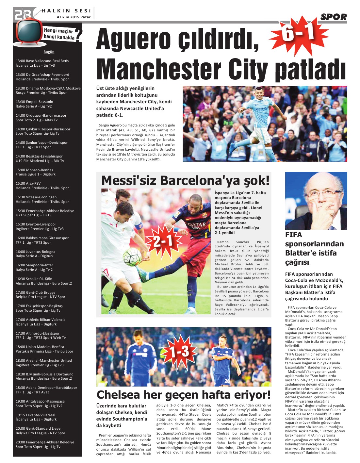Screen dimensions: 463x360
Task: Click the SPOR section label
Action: (333, 17)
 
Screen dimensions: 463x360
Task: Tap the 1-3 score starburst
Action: (179, 352)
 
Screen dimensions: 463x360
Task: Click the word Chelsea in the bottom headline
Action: (119, 395)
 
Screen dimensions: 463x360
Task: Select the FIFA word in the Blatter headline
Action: (294, 235)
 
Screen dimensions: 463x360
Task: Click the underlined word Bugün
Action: (49, 52)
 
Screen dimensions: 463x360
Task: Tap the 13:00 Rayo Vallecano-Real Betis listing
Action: (42, 63)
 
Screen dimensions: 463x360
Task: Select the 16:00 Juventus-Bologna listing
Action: (35, 254)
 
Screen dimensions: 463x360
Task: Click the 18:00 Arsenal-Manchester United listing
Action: (43, 363)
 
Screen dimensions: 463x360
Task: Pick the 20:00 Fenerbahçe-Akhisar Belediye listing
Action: (45, 444)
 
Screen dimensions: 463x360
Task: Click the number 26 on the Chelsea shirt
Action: (227, 381)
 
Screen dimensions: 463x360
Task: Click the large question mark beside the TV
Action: (78, 35)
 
